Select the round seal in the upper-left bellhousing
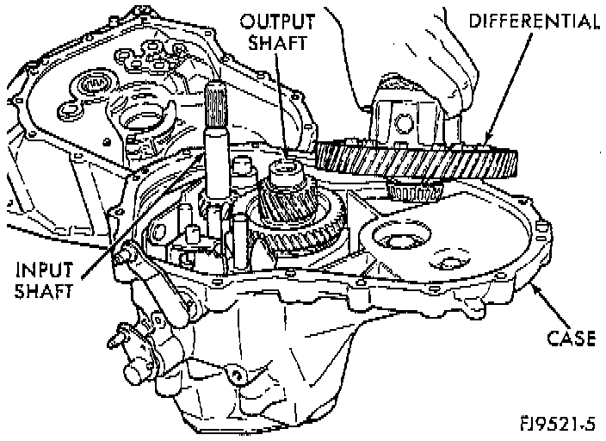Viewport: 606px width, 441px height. click(90, 86)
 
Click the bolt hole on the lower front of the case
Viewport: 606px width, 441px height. click(232, 373)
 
